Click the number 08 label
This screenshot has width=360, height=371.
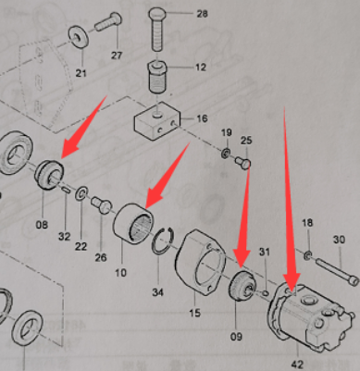point(42,223)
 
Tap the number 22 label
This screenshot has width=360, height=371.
point(82,244)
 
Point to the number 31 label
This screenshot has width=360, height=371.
point(264,253)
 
